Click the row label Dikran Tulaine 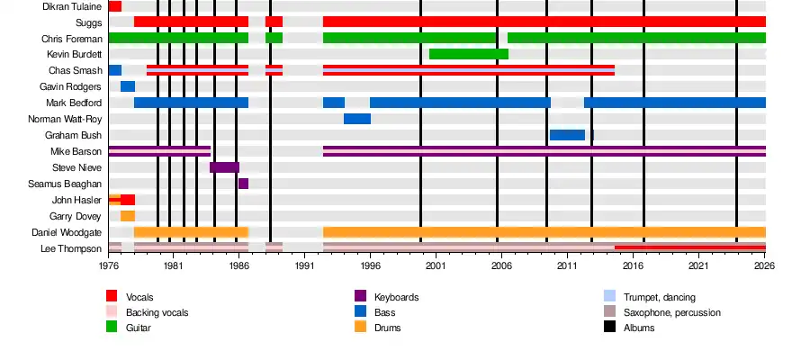(x=72, y=7)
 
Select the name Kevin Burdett (x=76, y=54)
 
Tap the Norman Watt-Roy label (x=65, y=119)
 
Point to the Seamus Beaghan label (x=70, y=184)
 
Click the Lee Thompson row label (x=71, y=248)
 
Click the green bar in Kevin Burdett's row (x=469, y=54)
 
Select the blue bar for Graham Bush (x=567, y=135)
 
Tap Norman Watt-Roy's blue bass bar (x=357, y=119)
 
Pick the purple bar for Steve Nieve (x=224, y=167)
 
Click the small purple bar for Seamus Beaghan (x=243, y=184)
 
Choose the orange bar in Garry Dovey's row (x=128, y=216)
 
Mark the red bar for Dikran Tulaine (x=115, y=7)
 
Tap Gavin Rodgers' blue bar (x=128, y=86)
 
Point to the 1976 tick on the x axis (x=108, y=267)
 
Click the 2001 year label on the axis (x=435, y=267)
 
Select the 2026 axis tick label (x=764, y=267)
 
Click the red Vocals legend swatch (x=112, y=296)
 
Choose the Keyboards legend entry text (x=396, y=297)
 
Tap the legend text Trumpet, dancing (x=659, y=297)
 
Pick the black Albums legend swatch (x=609, y=328)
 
